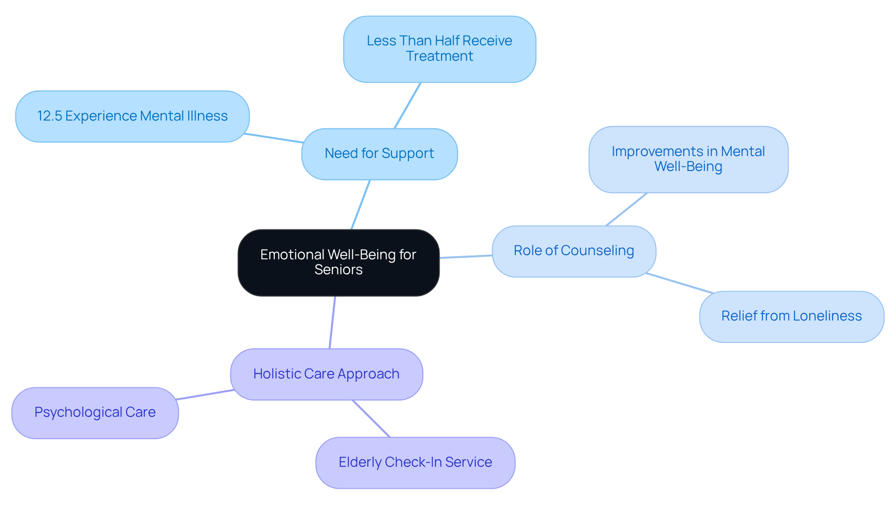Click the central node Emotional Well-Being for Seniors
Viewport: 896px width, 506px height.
click(338, 262)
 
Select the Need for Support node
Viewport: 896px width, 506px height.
click(379, 154)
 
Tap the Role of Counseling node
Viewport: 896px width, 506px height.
click(574, 251)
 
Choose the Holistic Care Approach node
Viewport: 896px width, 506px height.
click(326, 374)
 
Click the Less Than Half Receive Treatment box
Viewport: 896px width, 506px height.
click(439, 49)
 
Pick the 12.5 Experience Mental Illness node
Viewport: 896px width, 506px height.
click(132, 116)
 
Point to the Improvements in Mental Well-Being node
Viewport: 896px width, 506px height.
click(688, 159)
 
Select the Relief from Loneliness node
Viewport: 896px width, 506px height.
click(791, 316)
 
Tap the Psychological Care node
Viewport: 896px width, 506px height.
click(95, 413)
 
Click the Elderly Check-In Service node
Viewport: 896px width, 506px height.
click(415, 463)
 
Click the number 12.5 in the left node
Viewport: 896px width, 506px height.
click(49, 116)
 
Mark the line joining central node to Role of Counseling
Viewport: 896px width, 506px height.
click(466, 257)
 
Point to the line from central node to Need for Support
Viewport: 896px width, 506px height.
click(361, 204)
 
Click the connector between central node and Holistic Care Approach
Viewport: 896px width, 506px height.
click(332, 322)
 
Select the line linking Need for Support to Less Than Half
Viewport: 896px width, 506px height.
click(407, 106)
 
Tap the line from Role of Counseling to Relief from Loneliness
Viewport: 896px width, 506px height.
click(679, 283)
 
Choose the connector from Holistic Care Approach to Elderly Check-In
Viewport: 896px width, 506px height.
click(371, 419)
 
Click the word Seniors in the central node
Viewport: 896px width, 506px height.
click(338, 270)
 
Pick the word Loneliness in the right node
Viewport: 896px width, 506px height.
click(827, 316)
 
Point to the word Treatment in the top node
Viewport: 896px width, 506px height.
click(439, 57)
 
